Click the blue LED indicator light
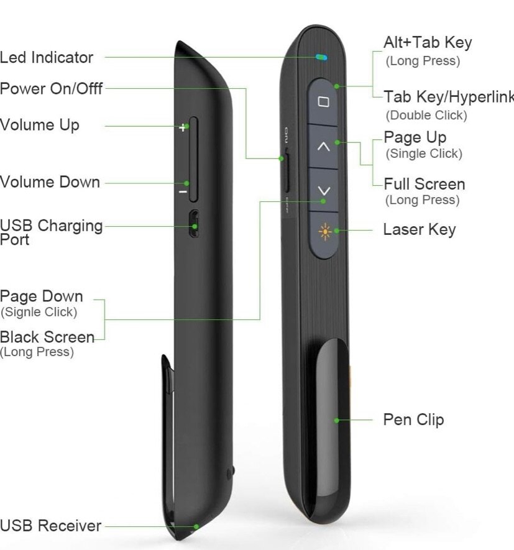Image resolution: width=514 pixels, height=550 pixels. tap(321, 58)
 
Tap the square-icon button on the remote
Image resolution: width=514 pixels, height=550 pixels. tap(323, 102)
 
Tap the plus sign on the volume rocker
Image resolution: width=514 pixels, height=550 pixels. tap(183, 127)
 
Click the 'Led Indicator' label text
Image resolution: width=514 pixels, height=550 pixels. tap(47, 58)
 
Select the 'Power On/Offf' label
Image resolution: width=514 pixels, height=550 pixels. tap(51, 88)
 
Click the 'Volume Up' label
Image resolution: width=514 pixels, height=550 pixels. tap(40, 125)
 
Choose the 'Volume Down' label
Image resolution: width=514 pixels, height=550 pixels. tap(50, 182)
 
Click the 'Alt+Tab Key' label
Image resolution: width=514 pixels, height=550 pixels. tap(428, 43)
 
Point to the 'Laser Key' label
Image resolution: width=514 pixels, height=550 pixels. tap(420, 229)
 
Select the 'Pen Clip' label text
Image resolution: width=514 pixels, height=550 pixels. tap(413, 419)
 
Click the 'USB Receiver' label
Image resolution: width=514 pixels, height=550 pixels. tap(50, 526)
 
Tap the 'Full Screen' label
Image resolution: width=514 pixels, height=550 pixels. tap(425, 184)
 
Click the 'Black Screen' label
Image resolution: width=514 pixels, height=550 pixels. tap(47, 337)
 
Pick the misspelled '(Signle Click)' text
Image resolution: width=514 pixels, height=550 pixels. tap(39, 312)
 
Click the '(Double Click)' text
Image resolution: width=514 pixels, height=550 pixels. tap(426, 115)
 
